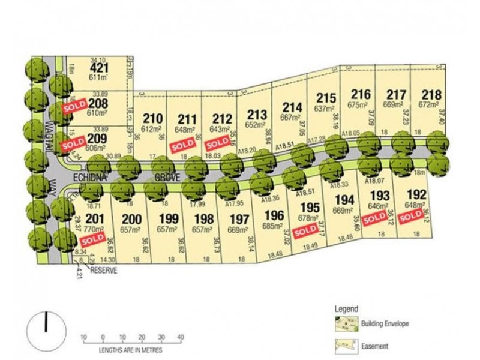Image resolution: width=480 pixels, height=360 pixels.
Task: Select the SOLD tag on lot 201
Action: tap(92, 239)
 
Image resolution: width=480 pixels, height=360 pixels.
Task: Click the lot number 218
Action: tap(431, 94)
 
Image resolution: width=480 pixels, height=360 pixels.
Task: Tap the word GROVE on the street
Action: tap(167, 178)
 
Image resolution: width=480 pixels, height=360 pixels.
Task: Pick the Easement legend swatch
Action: tap(344, 346)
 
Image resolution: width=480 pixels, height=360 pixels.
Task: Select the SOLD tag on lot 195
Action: tap(306, 230)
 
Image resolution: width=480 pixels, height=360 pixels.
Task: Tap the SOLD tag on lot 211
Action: tap(181, 145)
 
